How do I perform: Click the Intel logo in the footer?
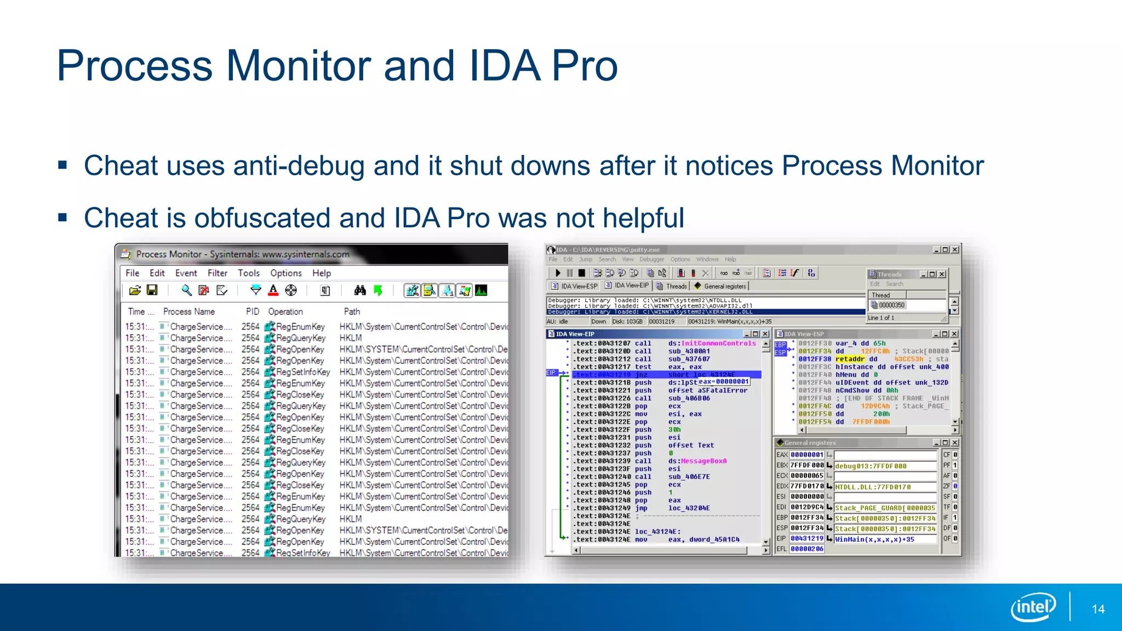(x=1033, y=607)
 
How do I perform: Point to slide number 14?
(x=1098, y=609)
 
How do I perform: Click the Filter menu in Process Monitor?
(x=217, y=273)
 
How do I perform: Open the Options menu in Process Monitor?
(x=285, y=273)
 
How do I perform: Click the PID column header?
(x=252, y=311)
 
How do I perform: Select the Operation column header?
(x=285, y=311)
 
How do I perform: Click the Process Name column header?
(x=188, y=311)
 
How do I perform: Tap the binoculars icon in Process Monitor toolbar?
(x=360, y=290)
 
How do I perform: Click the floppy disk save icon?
(x=152, y=290)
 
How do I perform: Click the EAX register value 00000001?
(x=806, y=455)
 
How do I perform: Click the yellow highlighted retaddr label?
(x=850, y=359)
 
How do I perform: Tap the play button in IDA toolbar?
(x=558, y=273)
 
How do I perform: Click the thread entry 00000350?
(x=891, y=305)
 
